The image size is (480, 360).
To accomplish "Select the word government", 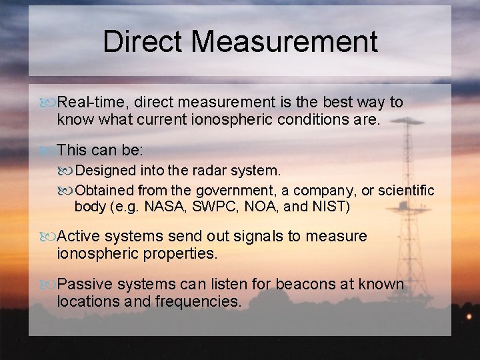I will coord(233,191).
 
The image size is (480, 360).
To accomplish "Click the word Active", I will coord(79,236).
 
